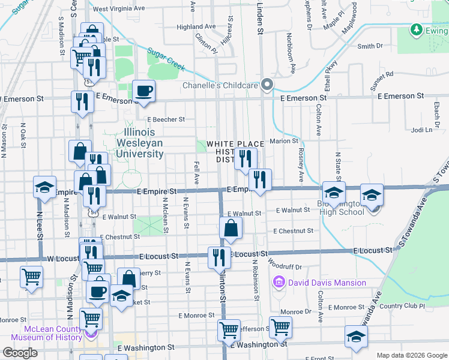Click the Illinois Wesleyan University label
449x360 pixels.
click(x=143, y=143)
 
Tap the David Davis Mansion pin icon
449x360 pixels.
click(x=278, y=282)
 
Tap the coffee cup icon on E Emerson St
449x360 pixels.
click(x=143, y=91)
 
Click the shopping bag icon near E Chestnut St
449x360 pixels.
click(x=231, y=228)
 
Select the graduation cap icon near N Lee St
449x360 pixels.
click(x=45, y=187)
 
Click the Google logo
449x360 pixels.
click(x=20, y=353)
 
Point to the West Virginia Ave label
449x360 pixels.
click(x=119, y=9)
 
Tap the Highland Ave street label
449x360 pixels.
click(x=196, y=27)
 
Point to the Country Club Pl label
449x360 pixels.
click(x=402, y=306)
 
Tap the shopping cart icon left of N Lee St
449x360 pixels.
click(x=31, y=277)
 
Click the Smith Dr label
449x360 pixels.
click(x=370, y=46)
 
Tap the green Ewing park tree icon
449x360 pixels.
click(x=416, y=29)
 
